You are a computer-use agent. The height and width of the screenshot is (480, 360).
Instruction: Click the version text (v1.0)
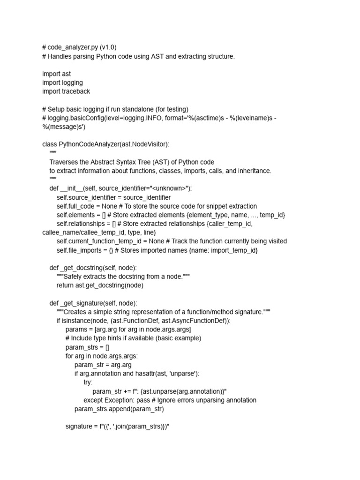click(108, 47)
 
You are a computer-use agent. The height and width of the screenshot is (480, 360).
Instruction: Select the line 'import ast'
click(56, 74)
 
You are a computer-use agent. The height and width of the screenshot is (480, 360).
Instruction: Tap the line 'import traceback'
click(66, 91)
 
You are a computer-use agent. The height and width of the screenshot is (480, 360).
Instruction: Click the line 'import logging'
click(62, 82)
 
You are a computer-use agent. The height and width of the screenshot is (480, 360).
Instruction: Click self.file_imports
click(78, 250)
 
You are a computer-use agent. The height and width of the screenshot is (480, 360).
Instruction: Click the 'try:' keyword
click(88, 382)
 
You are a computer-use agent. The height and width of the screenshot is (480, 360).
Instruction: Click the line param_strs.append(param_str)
click(119, 409)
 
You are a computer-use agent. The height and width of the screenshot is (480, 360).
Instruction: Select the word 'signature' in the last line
click(78, 426)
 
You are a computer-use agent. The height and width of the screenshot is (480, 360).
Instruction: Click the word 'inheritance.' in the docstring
click(252, 171)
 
